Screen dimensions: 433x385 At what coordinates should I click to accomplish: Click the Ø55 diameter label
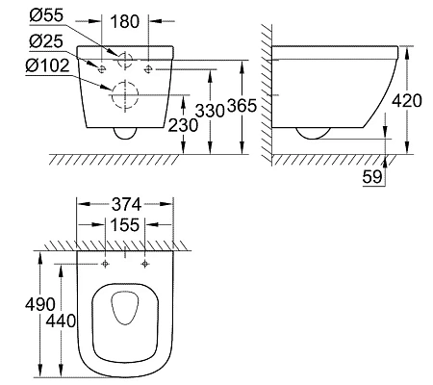pos(46,15)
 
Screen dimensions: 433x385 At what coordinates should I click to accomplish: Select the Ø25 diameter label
pos(46,41)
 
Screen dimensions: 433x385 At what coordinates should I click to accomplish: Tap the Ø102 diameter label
pos(47,65)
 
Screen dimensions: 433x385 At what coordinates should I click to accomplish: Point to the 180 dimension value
pos(125,21)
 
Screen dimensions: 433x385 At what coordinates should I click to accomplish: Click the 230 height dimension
pos(183,125)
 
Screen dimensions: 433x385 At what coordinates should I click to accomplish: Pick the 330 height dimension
pos(210,111)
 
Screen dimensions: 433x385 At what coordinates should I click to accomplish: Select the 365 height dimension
pos(242,105)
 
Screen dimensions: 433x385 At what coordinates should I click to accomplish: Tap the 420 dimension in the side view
pos(407,101)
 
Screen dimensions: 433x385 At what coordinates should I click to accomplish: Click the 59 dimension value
pos(372,176)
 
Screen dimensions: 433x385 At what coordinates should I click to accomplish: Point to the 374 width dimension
pos(126,204)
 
